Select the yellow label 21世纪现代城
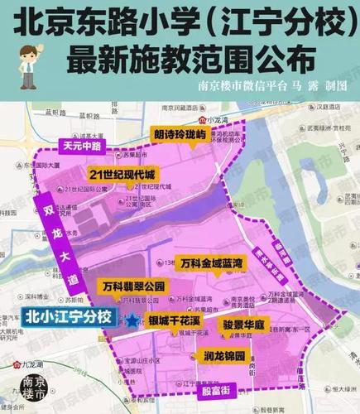pyautogui.click(x=122, y=175)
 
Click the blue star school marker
pyautogui.click(x=129, y=316)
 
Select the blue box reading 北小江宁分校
pyautogui.click(x=69, y=315)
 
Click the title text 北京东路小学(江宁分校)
pyautogui.click(x=180, y=20)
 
